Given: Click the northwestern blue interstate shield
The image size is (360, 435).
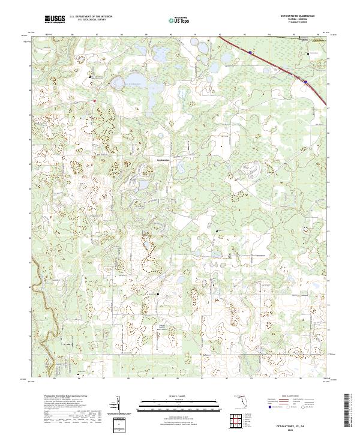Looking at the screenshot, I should (248, 52).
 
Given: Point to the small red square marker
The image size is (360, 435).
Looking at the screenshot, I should (94, 101).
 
